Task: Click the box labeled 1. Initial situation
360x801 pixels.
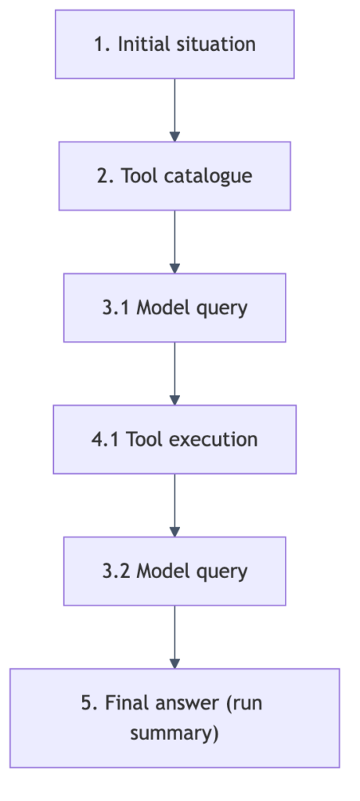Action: click(175, 44)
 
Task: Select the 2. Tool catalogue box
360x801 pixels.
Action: click(175, 176)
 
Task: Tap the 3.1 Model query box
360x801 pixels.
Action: click(175, 307)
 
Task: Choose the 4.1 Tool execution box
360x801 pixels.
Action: click(175, 440)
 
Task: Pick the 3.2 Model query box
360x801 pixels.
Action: click(175, 571)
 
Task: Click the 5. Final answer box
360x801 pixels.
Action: click(175, 718)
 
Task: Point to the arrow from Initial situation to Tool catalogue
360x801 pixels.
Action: click(175, 110)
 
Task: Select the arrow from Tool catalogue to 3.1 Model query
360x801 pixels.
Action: click(175, 242)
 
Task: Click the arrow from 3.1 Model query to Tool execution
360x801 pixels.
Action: click(175, 373)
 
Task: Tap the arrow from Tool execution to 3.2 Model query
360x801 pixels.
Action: click(175, 505)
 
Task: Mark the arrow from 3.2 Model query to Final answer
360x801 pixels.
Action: click(175, 637)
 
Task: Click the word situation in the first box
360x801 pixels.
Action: click(215, 44)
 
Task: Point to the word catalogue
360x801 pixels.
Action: click(208, 177)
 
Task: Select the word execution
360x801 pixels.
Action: click(216, 440)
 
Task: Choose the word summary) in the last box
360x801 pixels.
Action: click(175, 733)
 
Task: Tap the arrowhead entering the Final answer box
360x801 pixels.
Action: click(175, 663)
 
